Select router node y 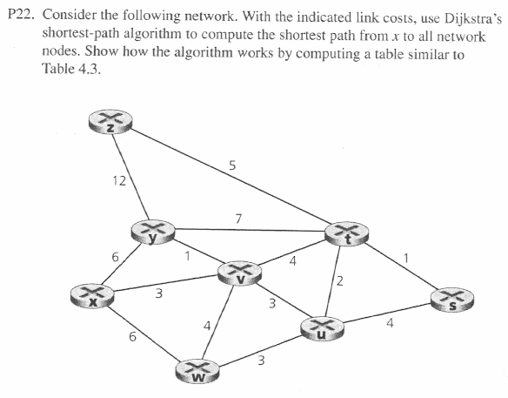click(x=152, y=233)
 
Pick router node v click(x=244, y=273)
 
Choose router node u click(x=323, y=329)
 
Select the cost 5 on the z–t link click(x=231, y=164)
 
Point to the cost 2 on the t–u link click(x=340, y=280)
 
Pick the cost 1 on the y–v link click(x=187, y=255)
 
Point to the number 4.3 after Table click(x=90, y=71)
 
